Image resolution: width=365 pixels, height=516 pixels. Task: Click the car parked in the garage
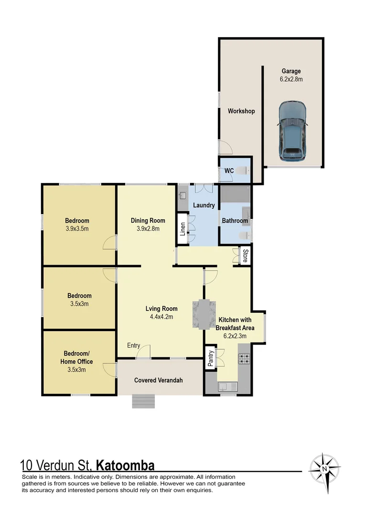(x=292, y=131)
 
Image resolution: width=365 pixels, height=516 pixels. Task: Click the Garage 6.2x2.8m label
(x=291, y=75)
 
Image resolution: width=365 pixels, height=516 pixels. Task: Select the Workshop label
(x=241, y=111)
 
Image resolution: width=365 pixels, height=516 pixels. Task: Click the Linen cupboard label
(x=182, y=228)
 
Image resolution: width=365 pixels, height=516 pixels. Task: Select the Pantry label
(x=211, y=358)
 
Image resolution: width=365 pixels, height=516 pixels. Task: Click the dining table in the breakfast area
(x=204, y=313)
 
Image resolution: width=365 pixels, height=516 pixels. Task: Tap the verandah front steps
(x=143, y=401)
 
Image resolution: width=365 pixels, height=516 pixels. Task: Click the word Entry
(x=134, y=345)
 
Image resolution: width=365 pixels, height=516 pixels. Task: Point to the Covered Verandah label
(x=158, y=380)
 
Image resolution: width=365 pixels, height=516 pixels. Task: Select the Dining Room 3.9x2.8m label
(x=148, y=224)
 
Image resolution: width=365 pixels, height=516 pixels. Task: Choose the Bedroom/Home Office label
(x=76, y=361)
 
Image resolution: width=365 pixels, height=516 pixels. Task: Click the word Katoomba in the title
(x=125, y=465)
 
